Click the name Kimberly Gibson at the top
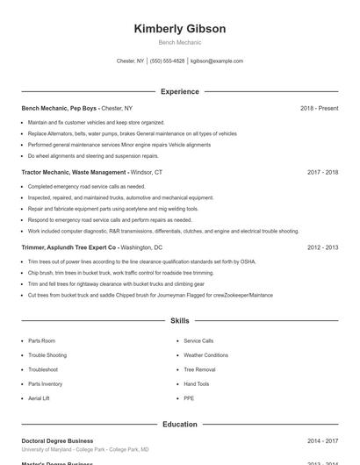pyautogui.click(x=179, y=29)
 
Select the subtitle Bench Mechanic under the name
pyautogui.click(x=179, y=42)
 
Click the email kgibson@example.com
pyautogui.click(x=217, y=61)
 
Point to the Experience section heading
pyautogui.click(x=179, y=91)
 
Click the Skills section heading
pyautogui.click(x=179, y=321)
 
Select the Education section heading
pyautogui.click(x=179, y=425)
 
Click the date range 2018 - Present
pyautogui.click(x=319, y=108)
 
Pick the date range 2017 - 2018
pyautogui.click(x=322, y=173)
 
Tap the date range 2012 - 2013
pyautogui.click(x=322, y=247)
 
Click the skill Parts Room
pyautogui.click(x=41, y=340)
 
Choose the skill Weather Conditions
pyautogui.click(x=205, y=355)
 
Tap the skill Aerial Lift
pyautogui.click(x=39, y=398)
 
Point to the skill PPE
pyautogui.click(x=189, y=398)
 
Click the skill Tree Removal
pyautogui.click(x=199, y=369)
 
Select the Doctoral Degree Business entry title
pyautogui.click(x=57, y=440)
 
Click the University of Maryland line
pyautogui.click(x=84, y=449)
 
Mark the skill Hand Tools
pyautogui.click(x=197, y=384)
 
